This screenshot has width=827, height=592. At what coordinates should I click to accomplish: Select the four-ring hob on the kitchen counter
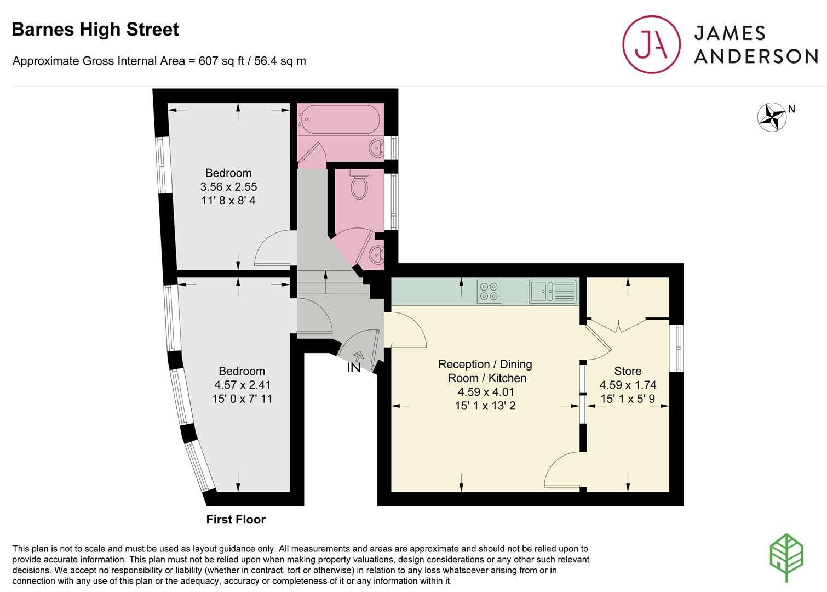489,292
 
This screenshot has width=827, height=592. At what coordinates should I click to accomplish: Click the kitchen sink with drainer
553,292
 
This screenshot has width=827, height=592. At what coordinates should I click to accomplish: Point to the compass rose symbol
772,117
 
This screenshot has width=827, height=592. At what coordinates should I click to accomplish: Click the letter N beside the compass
791,109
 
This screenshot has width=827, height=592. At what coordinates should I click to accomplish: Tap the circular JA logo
651,44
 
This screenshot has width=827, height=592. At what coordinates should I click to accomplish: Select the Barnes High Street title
95,30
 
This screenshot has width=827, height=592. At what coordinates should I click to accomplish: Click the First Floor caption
236,520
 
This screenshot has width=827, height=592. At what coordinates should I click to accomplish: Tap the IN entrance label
353,368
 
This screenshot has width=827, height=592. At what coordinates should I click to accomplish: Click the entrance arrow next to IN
359,356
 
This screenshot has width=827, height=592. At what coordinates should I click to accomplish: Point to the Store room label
628,371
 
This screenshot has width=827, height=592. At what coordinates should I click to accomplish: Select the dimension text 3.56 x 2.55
228,186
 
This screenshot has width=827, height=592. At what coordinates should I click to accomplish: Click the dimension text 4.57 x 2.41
242,385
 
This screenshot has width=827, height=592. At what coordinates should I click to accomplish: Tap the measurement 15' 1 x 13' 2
485,406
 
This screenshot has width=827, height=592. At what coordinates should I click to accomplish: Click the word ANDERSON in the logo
756,56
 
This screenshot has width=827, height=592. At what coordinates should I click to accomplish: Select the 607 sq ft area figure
221,61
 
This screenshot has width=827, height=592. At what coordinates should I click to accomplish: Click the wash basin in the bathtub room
376,148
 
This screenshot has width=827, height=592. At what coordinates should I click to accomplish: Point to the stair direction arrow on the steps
325,282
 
